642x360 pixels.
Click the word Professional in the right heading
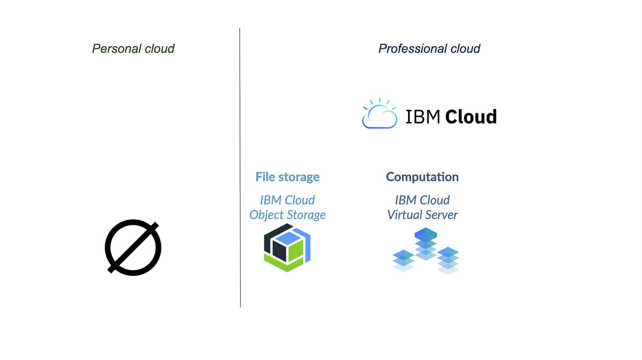point(412,49)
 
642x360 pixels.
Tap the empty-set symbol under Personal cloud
point(133,248)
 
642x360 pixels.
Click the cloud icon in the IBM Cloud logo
point(379,115)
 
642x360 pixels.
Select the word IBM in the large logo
point(423,117)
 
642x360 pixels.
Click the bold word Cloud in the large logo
point(471,117)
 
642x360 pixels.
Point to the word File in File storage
point(265,177)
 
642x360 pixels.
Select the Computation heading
point(422,177)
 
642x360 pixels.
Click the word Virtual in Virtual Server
point(404,215)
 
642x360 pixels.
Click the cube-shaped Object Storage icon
point(287,248)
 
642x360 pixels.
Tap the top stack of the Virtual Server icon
point(426,243)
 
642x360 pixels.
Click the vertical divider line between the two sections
point(240,166)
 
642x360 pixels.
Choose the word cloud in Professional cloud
point(465,49)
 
